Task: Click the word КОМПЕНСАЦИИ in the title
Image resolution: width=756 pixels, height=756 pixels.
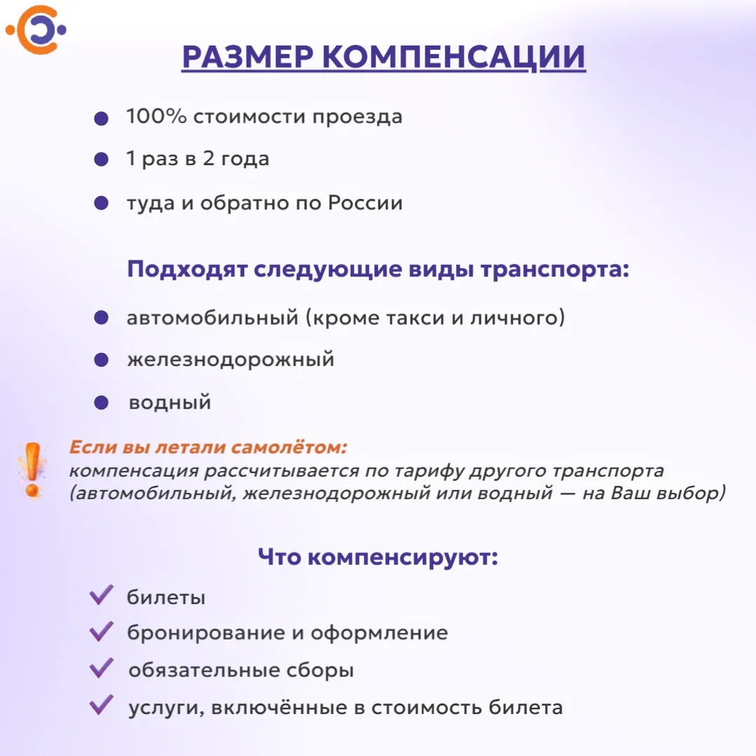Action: (453, 57)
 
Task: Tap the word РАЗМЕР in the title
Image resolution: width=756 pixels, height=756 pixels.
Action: (248, 57)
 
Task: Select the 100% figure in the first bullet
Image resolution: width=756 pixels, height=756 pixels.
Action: (156, 116)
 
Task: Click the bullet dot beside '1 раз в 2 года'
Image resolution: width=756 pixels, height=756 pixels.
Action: (101, 159)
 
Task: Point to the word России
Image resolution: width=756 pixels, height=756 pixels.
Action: (365, 202)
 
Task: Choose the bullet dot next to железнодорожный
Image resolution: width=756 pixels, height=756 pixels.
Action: (101, 360)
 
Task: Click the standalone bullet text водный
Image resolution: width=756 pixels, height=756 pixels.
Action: (169, 402)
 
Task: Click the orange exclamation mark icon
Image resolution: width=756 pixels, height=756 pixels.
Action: (32, 470)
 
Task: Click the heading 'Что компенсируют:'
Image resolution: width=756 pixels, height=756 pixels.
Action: (378, 557)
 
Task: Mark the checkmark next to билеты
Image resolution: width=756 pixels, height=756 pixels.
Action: (101, 594)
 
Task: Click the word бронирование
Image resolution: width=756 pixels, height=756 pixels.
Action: (206, 633)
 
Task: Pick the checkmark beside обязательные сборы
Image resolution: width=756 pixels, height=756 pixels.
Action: (101, 668)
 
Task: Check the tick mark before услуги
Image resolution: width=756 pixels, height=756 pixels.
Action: (101, 704)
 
